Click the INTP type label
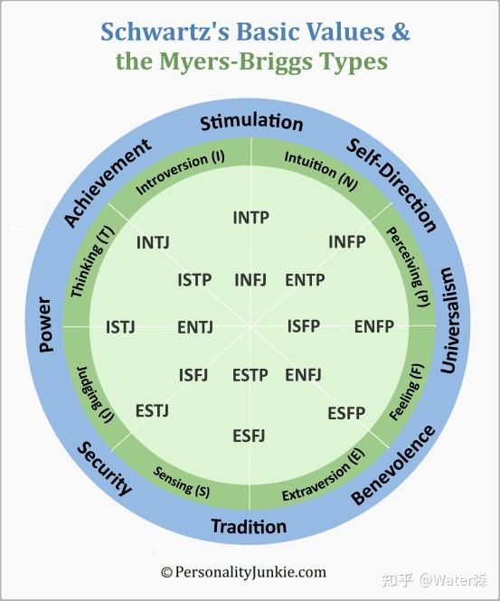pos(250,218)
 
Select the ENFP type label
pos(373,326)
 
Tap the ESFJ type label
pos(249,436)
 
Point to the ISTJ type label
pos(120,326)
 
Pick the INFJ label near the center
pos(250,279)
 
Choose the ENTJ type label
pos(195,327)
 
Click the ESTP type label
pos(250,375)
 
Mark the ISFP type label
pos(304,325)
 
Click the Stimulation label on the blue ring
pos(251,122)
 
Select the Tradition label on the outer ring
pos(249,526)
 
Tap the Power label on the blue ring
pos(46,324)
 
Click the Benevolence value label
pos(393,465)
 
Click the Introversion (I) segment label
pos(180,171)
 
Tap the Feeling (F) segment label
pos(406,391)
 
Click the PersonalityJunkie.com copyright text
pos(243,571)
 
